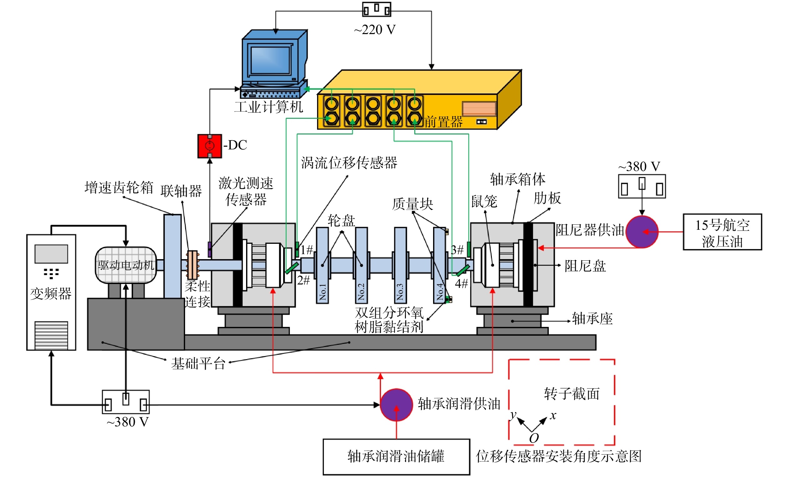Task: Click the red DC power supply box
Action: pos(210,146)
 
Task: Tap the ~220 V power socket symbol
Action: pos(376,9)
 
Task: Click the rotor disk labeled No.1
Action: pos(322,265)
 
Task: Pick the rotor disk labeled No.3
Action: pos(400,265)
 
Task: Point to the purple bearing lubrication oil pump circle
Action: pos(396,405)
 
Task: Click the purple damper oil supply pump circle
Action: pos(642,232)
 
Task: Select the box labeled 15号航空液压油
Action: pos(722,232)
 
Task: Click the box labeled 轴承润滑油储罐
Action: pos(396,457)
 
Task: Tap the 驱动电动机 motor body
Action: pos(126,265)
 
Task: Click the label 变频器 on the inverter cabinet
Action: pos(51,294)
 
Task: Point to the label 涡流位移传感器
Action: pos(349,163)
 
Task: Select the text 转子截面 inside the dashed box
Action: pos(572,394)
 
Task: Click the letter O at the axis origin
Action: pos(534,438)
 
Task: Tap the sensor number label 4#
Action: pos(462,283)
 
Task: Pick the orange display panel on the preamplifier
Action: pos(479,109)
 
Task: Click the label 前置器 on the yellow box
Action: pos(444,122)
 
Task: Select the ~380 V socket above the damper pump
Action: pos(642,186)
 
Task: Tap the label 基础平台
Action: pos(198,364)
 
